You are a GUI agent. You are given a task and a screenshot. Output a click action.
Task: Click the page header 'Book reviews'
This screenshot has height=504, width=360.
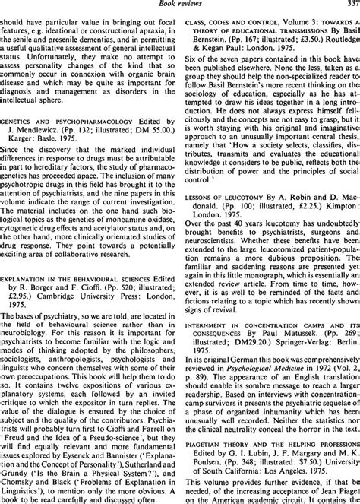[x=180, y=5]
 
